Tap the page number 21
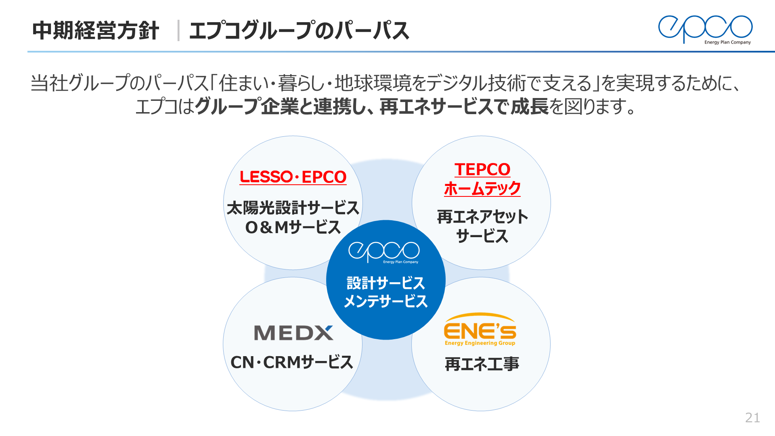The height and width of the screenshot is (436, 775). tap(752, 417)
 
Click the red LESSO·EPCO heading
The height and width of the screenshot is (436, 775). tap(293, 177)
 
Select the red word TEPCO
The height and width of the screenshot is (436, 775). tap(482, 169)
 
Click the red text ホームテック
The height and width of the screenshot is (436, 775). tap(482, 188)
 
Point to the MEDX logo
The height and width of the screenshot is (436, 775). tap(293, 333)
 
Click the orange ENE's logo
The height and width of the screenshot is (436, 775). tap(480, 329)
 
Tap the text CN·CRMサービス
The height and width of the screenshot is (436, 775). tap(292, 362)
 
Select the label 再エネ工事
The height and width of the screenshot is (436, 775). tap(482, 364)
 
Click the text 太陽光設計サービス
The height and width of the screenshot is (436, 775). tap(293, 208)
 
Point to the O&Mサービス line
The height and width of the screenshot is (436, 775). tap(293, 227)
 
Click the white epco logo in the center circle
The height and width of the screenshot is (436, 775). tap(384, 252)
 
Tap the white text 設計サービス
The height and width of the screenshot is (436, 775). tap(385, 283)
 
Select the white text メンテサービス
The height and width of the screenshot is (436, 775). tap(385, 301)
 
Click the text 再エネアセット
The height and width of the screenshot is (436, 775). tap(482, 217)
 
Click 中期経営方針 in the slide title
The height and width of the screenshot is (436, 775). tap(96, 31)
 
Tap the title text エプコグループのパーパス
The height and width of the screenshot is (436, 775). tap(299, 31)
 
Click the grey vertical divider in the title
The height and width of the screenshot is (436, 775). tap(178, 31)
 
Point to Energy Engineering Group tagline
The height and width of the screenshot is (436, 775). tap(480, 343)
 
